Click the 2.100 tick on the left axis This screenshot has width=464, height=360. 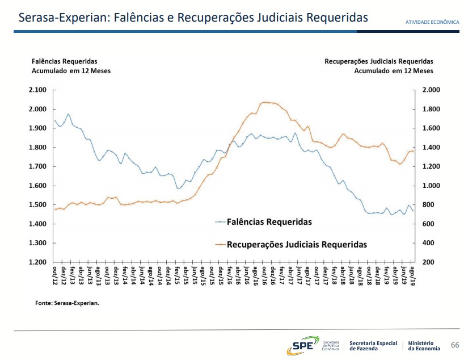click(38, 90)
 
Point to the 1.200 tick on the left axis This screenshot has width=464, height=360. click(38, 262)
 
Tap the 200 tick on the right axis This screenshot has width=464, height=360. click(428, 262)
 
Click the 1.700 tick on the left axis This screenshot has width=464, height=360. click(38, 166)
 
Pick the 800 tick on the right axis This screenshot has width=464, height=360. click(428, 205)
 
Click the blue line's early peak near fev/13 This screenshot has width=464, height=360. click(68, 114)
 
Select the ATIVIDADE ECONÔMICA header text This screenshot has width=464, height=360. click(432, 22)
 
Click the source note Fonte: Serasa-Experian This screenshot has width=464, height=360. click(67, 303)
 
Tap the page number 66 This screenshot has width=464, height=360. click(454, 345)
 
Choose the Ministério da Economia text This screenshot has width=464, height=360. click(424, 345)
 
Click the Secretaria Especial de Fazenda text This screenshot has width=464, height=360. click(373, 345)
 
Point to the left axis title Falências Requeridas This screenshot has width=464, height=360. click(64, 61)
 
